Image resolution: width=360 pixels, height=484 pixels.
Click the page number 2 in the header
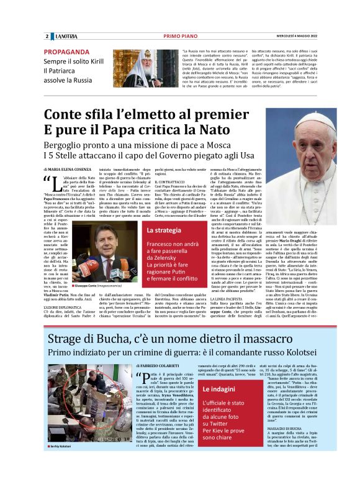(47, 36)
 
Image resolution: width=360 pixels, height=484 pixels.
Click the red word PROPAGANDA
(70, 52)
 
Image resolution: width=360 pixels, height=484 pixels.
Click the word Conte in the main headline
(65, 116)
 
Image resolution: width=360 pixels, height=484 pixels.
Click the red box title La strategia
(164, 231)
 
